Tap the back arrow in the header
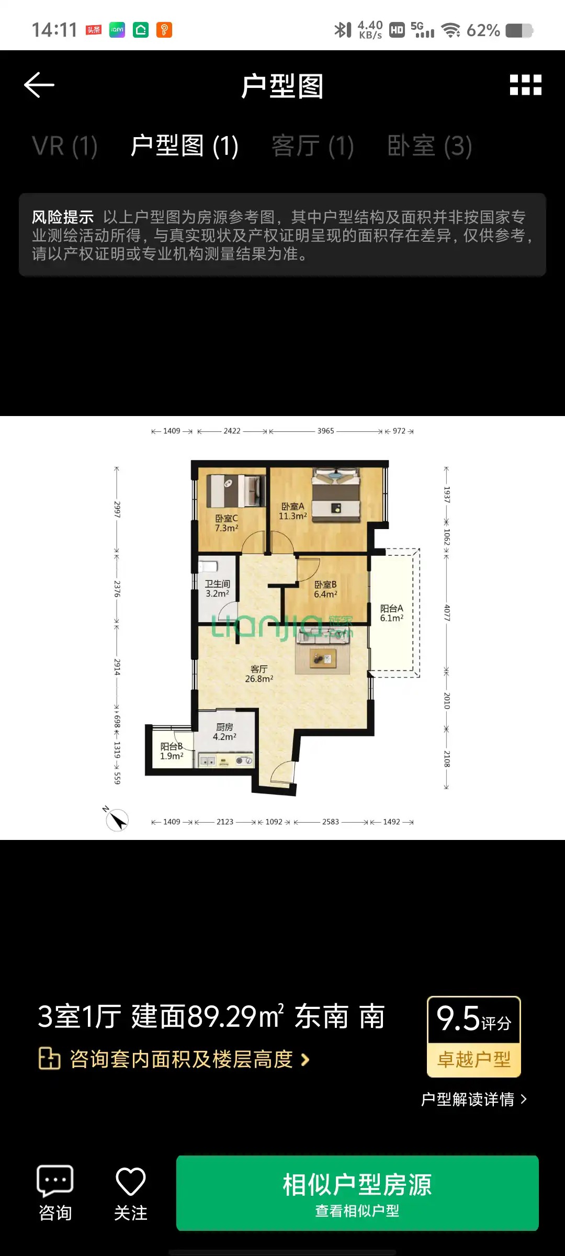(39, 85)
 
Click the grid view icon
(526, 85)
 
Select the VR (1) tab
(65, 146)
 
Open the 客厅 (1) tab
(313, 146)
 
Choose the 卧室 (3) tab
(430, 146)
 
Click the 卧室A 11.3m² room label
(293, 511)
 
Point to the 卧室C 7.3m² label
(227, 523)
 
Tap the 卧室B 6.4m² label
(325, 589)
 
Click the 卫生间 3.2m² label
(218, 589)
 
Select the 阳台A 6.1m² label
(392, 613)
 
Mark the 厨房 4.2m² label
(224, 732)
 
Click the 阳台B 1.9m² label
(172, 752)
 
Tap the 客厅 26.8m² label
(259, 674)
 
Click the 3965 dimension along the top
(325, 431)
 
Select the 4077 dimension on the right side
(447, 613)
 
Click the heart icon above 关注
(130, 1181)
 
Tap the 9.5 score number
(458, 1018)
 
